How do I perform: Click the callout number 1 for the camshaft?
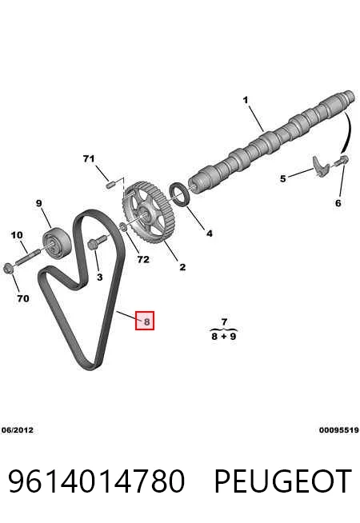point(246,100)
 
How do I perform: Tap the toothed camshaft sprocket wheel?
point(148,213)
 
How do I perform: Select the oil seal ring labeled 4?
point(181,194)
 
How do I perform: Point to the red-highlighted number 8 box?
point(145,321)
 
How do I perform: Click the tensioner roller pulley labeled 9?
point(56,242)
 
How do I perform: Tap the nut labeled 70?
point(8,268)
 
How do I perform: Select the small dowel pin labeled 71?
point(110,184)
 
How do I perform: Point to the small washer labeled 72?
point(122,227)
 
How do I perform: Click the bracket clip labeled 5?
point(321,166)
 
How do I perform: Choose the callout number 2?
point(182,267)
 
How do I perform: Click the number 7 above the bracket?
point(224,321)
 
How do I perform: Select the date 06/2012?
point(18,430)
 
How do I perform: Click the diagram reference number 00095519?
point(338,430)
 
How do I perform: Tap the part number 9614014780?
point(96,481)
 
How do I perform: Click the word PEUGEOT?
point(282,481)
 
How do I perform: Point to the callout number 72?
point(143,259)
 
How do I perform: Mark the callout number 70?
point(23,298)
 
